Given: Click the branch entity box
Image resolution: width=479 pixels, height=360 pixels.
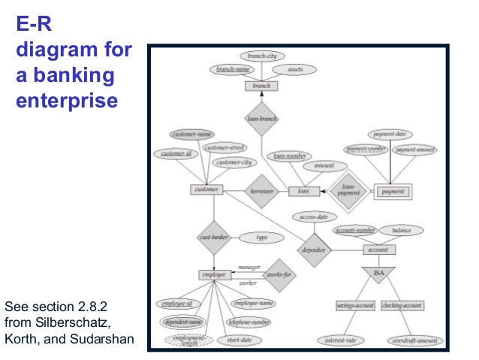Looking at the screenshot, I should pyautogui.click(x=262, y=86).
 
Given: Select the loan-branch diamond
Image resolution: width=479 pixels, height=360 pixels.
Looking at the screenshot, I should pyautogui.click(x=262, y=119).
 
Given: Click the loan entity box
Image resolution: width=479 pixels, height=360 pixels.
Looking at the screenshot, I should pyautogui.click(x=303, y=191).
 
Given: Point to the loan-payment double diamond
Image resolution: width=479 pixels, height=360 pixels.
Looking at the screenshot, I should pyautogui.click(x=348, y=191).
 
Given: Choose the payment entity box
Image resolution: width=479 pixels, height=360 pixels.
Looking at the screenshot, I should pyautogui.click(x=393, y=192).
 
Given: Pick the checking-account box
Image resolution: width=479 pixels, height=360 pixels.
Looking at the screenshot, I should pyautogui.click(x=402, y=306).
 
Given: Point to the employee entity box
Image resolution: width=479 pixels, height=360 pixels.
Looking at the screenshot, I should pyautogui.click(x=214, y=275).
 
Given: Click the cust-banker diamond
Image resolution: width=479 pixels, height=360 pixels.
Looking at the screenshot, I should pyautogui.click(x=214, y=237).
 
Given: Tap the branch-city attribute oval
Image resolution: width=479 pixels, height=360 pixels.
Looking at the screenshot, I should pyautogui.click(x=262, y=56).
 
